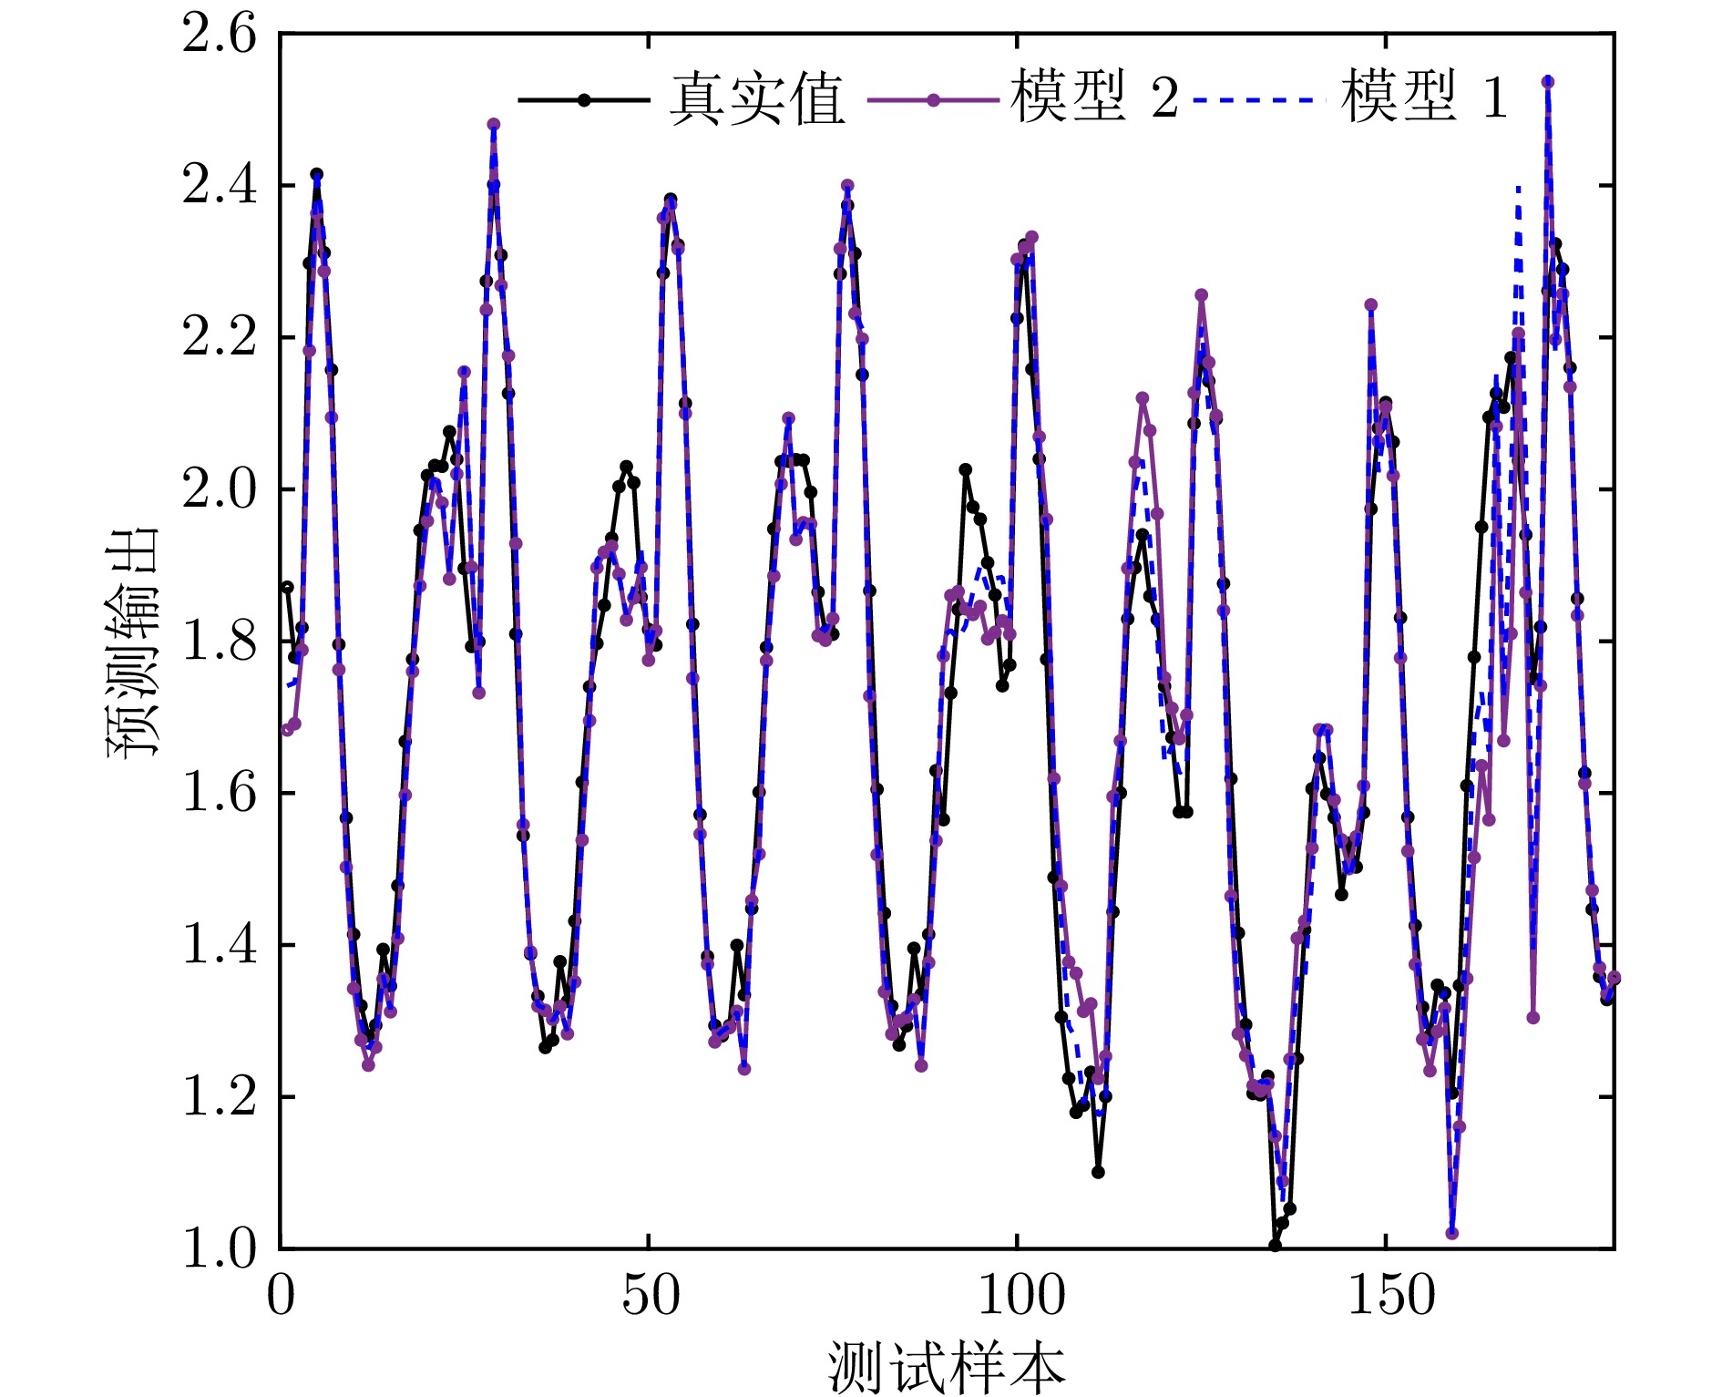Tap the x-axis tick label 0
pyautogui.click(x=282, y=1296)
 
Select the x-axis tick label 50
pyautogui.click(x=651, y=1296)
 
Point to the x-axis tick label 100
pyautogui.click(x=1020, y=1296)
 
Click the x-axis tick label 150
pyautogui.click(x=1389, y=1296)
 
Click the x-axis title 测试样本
pyautogui.click(x=946, y=1367)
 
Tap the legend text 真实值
pyautogui.click(x=757, y=98)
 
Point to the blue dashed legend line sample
pyautogui.click(x=1254, y=99)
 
